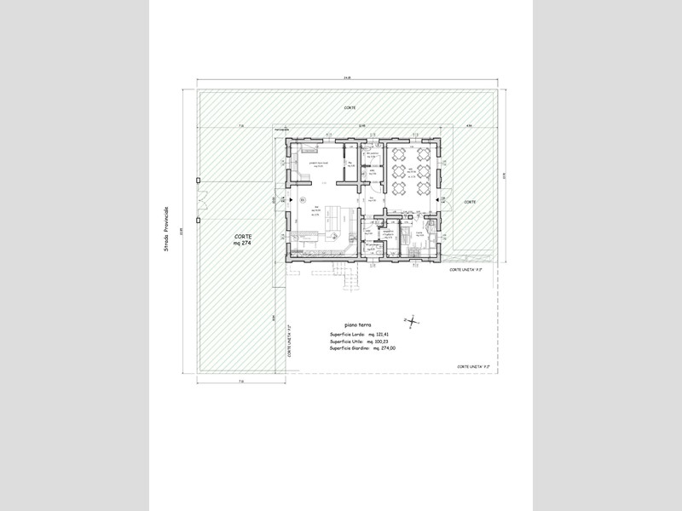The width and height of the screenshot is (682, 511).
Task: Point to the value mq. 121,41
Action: [378, 335]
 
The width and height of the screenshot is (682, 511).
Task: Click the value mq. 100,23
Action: [377, 341]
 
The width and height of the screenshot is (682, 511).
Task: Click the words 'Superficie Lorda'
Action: [346, 335]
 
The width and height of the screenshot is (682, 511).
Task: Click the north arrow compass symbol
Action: [413, 321]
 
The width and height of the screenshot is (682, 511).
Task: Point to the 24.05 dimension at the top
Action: [347, 78]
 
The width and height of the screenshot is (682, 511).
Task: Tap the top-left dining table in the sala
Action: [398, 155]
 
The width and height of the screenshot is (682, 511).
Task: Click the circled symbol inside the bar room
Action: [302, 199]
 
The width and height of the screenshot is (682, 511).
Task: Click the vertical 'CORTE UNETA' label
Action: [291, 341]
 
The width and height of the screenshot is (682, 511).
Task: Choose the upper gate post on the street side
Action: [197, 181]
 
